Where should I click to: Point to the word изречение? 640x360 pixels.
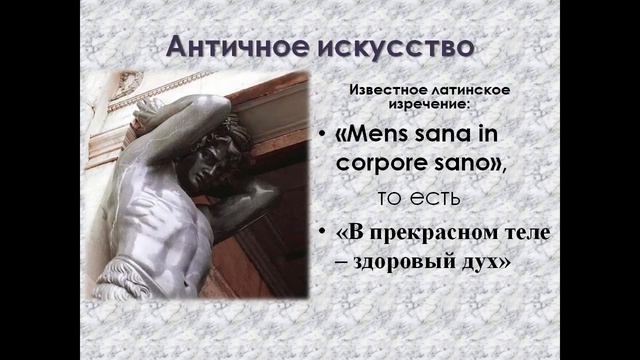425,106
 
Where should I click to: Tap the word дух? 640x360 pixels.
482,264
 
